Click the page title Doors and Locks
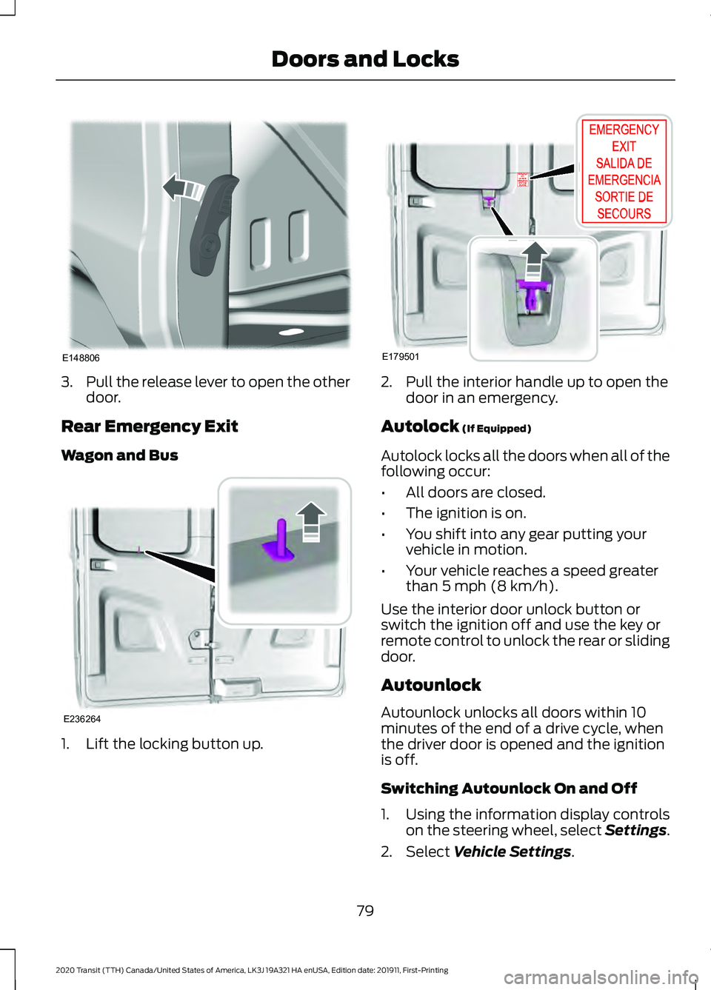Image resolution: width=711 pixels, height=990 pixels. [365, 59]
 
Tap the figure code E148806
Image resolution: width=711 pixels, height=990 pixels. [81, 358]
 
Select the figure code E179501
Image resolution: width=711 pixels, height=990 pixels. [401, 356]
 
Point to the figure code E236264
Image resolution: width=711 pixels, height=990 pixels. [82, 719]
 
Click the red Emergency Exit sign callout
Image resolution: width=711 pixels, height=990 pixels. [624, 172]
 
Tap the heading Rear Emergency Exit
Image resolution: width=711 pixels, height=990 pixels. [150, 427]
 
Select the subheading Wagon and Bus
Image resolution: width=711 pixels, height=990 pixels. [120, 455]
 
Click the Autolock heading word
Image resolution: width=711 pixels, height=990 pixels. [420, 427]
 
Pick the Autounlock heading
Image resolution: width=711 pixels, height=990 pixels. [431, 685]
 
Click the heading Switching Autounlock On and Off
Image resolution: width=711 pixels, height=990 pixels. [509, 788]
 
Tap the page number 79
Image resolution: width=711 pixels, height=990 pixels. [365, 911]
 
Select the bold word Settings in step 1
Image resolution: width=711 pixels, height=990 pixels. [635, 830]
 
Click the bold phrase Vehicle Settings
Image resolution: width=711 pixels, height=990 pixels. [513, 852]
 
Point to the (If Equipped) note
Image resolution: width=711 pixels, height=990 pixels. [497, 429]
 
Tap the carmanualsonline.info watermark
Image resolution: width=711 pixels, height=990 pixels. [601, 977]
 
